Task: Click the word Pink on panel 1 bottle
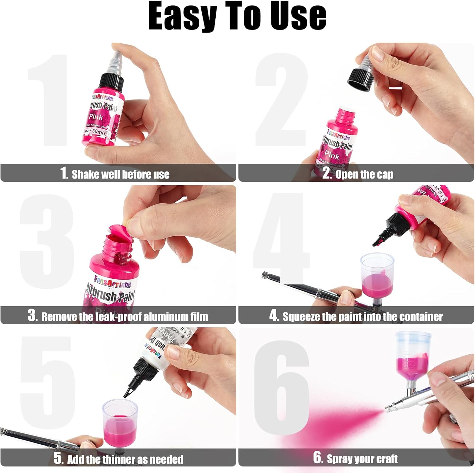click(96, 117)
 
